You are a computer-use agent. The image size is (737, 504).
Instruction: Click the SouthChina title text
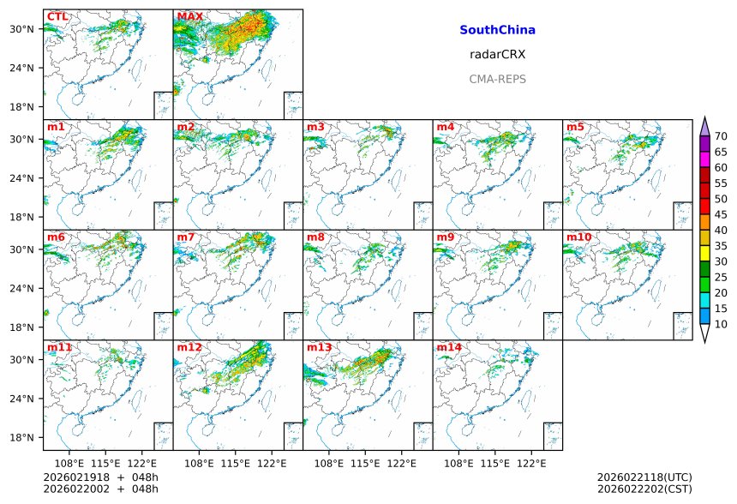point(497,30)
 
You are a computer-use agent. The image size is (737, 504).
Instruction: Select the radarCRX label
point(497,54)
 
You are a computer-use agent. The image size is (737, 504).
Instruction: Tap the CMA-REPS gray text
point(497,79)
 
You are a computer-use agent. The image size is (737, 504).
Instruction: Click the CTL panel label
point(57,16)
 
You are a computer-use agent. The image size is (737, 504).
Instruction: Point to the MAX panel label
point(189,16)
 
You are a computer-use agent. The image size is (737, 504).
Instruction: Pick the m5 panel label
point(575,127)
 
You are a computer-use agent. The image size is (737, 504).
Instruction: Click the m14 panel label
point(448,347)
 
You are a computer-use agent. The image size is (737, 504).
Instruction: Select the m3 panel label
point(315,127)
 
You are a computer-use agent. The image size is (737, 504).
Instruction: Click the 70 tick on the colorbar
point(721,136)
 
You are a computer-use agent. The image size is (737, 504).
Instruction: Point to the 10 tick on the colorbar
point(721,324)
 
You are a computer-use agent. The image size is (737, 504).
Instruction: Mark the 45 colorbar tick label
point(721,214)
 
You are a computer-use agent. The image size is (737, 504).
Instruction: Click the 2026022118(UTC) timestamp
point(644,477)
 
